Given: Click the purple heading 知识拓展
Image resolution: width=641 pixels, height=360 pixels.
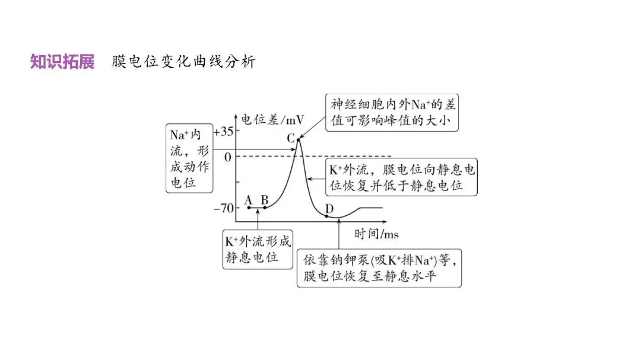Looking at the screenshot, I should (x=62, y=62).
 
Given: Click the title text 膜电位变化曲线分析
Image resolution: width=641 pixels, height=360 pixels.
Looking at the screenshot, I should (x=183, y=62).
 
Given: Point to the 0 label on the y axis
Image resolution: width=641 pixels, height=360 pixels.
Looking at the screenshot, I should (x=228, y=156).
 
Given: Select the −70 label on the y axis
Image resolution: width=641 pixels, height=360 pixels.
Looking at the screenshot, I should (x=223, y=208).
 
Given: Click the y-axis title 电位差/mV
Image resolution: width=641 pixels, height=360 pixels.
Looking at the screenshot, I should (x=272, y=120).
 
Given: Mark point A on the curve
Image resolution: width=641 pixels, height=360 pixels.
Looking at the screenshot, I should (x=249, y=208).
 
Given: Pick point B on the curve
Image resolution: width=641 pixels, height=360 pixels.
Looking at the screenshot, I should (x=265, y=208).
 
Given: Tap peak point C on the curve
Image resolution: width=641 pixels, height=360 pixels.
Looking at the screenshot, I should (x=299, y=139).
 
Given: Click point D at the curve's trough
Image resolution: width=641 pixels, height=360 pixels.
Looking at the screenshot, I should (x=327, y=216).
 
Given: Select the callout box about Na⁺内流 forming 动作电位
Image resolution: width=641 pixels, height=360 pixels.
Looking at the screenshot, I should (x=189, y=158).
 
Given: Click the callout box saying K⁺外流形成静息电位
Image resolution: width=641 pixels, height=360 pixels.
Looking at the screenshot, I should (x=258, y=249).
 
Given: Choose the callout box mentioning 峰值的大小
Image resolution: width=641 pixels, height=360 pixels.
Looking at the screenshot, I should (x=394, y=112).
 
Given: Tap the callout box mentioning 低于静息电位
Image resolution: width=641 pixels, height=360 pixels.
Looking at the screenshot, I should (x=402, y=177).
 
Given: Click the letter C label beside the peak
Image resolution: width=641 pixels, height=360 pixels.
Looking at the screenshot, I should (x=291, y=138).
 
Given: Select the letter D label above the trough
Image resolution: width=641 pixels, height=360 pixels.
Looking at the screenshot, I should (x=329, y=208).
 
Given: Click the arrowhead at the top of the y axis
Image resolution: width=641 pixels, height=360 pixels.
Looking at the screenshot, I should (x=236, y=113).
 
